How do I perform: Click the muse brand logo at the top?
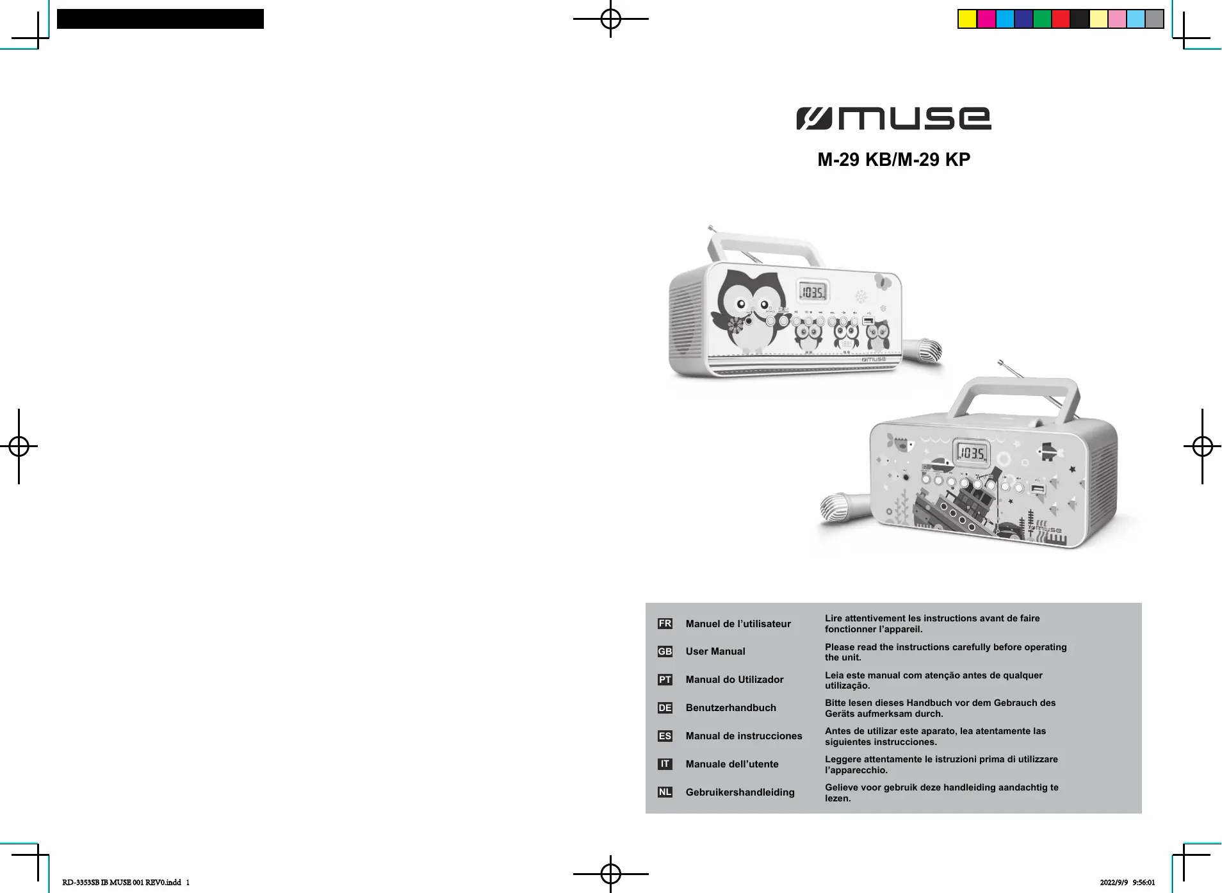893,119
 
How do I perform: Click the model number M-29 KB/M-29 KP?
893,160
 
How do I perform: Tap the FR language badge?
665,623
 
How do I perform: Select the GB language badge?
665,651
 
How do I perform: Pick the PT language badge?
665,680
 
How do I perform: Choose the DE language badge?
665,708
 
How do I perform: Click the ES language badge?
665,736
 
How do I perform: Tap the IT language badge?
665,764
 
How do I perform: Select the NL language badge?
665,792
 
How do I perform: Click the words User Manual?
715,651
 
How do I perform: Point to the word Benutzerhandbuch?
730,708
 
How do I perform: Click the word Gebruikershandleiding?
740,792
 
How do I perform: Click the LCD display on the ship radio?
971,454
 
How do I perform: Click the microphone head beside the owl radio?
930,350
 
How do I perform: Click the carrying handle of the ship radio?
1012,397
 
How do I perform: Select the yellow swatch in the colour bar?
967,19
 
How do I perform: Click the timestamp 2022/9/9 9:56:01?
1127,882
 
